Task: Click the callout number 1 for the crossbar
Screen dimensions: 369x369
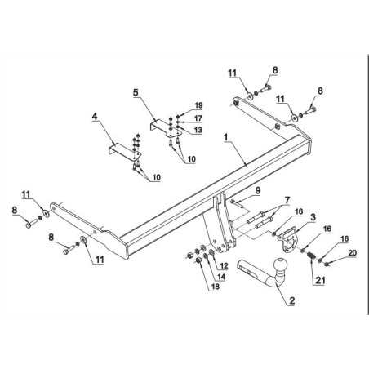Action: tap(226, 137)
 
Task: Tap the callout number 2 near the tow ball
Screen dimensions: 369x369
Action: tap(292, 300)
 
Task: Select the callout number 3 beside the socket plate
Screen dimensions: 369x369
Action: tap(313, 217)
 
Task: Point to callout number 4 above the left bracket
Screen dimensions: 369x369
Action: tap(95, 117)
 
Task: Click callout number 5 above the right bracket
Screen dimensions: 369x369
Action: tap(136, 92)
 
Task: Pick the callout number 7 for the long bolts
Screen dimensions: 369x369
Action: tap(287, 200)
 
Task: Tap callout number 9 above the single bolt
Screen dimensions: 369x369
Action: tap(257, 190)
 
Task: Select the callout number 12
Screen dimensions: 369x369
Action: tap(224, 265)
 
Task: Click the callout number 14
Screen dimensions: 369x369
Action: tap(221, 277)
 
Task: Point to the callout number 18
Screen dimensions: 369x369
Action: tap(216, 287)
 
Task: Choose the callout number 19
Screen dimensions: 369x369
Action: tap(198, 105)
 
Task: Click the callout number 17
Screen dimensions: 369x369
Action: tap(198, 118)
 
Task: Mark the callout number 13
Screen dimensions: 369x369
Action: tap(198, 130)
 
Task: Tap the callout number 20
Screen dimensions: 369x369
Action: tap(352, 253)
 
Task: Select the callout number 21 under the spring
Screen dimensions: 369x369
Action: tap(320, 280)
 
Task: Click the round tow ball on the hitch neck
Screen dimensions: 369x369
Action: tap(280, 265)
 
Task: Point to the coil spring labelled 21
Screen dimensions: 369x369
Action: tap(311, 256)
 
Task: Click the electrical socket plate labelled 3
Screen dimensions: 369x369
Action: tap(288, 240)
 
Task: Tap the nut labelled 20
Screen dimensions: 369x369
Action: tap(327, 263)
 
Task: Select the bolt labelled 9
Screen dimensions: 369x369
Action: tap(237, 204)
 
